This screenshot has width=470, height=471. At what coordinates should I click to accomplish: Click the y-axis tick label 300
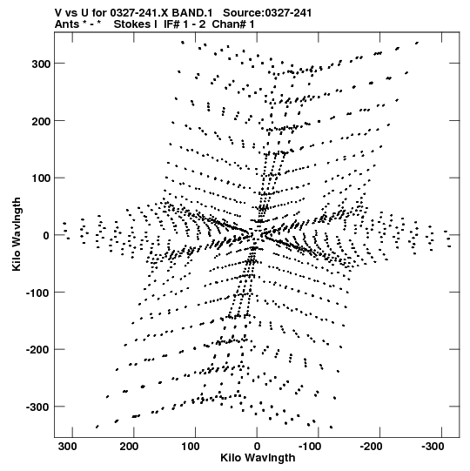point(41,64)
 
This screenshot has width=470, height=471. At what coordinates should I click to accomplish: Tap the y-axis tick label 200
point(41,121)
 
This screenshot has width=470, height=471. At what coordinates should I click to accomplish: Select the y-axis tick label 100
point(41,178)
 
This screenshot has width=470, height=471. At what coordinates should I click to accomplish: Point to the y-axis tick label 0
point(46,235)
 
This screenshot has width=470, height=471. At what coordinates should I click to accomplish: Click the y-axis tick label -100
point(37,293)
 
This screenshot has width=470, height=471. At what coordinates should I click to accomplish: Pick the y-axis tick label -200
point(37,350)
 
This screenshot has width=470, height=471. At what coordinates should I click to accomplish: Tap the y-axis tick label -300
point(37,407)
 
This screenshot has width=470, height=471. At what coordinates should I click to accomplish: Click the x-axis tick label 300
point(68,447)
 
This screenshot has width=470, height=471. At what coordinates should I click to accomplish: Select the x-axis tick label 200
point(130,447)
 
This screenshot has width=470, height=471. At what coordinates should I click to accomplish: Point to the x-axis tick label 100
point(191,447)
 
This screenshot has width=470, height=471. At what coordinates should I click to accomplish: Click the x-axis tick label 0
point(257,447)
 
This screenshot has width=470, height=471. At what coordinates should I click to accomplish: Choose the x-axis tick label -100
point(310,447)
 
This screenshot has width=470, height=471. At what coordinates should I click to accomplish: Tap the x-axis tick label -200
point(371,447)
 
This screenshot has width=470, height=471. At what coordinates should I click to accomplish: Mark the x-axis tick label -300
point(433,447)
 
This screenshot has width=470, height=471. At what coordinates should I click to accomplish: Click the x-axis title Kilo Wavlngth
point(258,458)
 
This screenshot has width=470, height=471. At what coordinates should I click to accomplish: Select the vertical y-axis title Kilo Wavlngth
point(17,234)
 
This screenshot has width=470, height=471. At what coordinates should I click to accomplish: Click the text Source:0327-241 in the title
point(267,13)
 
